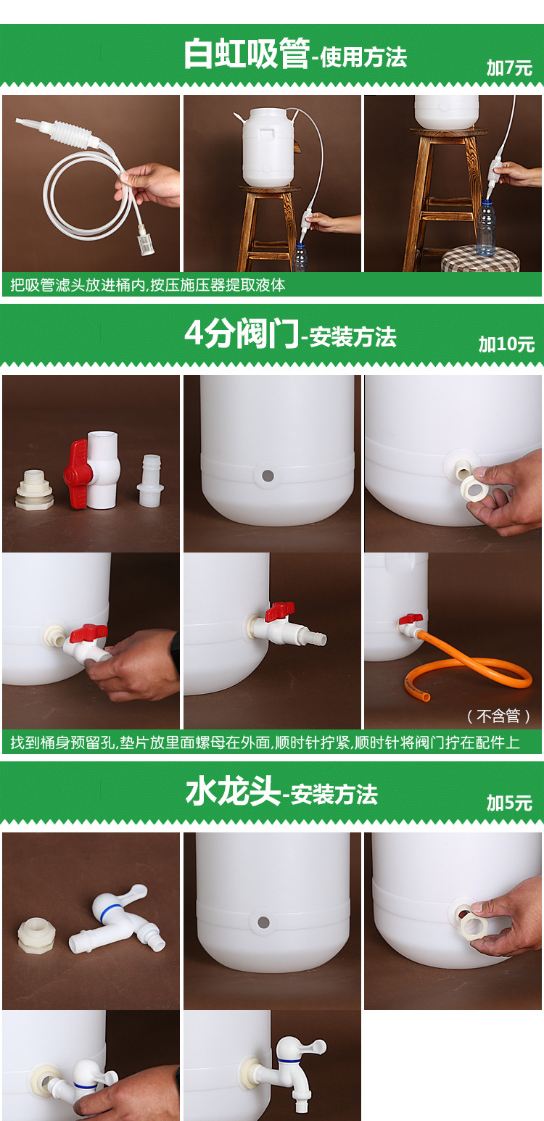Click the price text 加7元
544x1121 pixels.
(x=509, y=68)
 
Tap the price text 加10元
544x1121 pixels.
(x=506, y=344)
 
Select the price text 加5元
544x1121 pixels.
(x=509, y=803)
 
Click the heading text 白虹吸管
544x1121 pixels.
(x=246, y=55)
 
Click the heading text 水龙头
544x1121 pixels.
(x=233, y=792)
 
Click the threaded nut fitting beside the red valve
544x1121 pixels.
(x=34, y=489)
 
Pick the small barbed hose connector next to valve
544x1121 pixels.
(x=151, y=482)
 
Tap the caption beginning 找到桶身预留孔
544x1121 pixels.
(x=265, y=742)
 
